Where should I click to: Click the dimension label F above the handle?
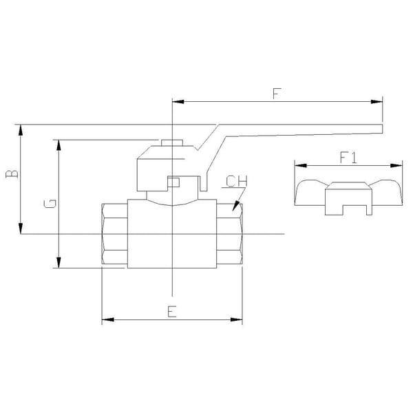(x=277, y=94)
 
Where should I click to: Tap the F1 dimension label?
(x=348, y=158)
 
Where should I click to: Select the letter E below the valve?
(x=172, y=311)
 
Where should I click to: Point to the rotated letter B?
(x=12, y=174)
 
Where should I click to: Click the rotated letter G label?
(x=50, y=204)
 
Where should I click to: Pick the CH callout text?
(x=237, y=181)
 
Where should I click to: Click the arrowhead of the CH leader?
(x=235, y=206)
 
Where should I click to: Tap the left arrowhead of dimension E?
(x=108, y=319)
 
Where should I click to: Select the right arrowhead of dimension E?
(x=236, y=319)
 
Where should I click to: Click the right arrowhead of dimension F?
(x=377, y=102)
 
